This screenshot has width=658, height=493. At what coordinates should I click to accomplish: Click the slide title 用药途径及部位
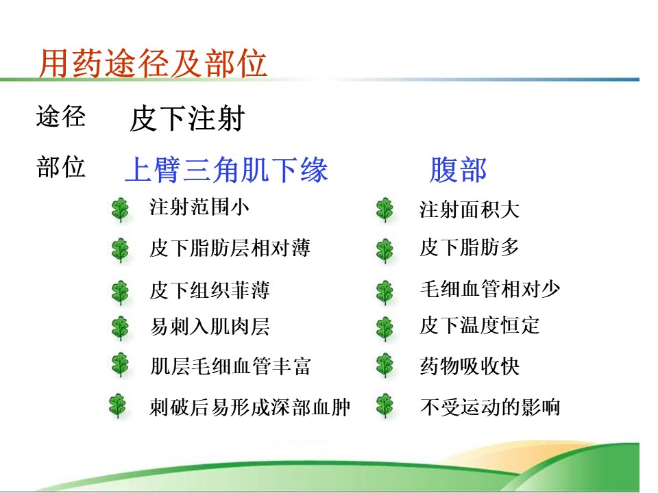pos(153,63)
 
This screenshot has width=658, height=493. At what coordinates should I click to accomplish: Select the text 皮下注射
pos(187,118)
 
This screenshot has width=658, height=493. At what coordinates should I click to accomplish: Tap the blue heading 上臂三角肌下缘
pos(227,169)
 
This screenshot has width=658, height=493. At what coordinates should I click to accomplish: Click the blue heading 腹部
pos(459,170)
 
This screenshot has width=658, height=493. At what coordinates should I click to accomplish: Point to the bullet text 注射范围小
pos(199,207)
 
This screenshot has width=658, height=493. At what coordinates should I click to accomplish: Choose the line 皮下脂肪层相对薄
pos(230,248)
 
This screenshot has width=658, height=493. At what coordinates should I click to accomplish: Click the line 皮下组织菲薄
pos(210,290)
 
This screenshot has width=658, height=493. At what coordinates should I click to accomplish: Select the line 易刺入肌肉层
pos(210,327)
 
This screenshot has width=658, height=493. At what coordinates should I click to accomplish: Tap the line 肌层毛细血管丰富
pos(230,366)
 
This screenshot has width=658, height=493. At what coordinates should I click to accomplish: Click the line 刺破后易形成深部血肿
pos(250,407)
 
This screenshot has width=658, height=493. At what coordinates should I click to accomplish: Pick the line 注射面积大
pos(470,210)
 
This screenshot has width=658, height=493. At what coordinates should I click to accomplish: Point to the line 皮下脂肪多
pos(470,247)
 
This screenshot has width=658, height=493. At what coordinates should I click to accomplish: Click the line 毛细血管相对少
pos(490,289)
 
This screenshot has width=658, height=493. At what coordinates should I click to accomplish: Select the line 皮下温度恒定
pos(480,325)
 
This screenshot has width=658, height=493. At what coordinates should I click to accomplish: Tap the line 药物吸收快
pos(470,366)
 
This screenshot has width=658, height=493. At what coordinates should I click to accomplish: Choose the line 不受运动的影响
pos(490,407)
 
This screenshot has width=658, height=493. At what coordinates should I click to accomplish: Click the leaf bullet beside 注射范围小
pos(121,210)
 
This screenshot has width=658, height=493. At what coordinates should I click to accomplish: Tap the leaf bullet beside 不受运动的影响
pos(385,406)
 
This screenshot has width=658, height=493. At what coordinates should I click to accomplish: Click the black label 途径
pos(61,116)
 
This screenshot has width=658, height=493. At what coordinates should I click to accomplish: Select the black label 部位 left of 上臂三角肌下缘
pos(61,166)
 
